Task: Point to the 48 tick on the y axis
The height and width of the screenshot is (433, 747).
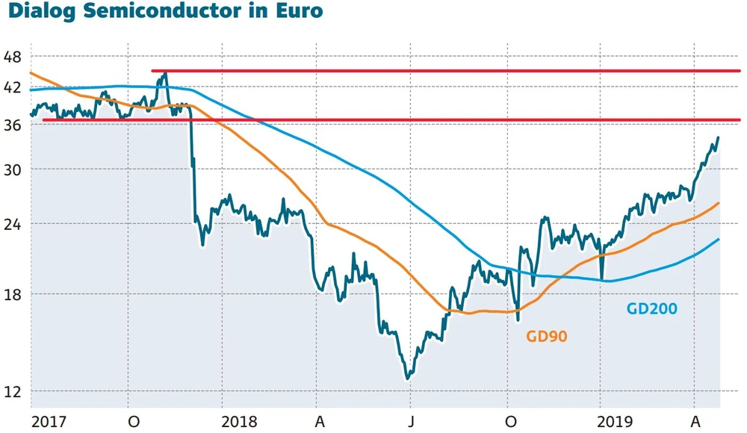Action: coord(13,57)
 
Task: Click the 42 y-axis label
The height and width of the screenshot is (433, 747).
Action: coord(13,87)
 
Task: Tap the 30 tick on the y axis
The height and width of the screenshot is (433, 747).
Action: coord(13,169)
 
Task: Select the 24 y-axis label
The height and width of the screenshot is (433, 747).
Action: coord(13,224)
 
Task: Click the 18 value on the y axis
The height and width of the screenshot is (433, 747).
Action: coord(13,294)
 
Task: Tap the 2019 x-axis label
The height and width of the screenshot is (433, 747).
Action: coord(616,421)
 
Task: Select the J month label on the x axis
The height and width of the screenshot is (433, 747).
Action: coord(412,421)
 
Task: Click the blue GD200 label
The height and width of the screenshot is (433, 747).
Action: coord(652,308)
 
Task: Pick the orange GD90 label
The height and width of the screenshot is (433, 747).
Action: coord(547,337)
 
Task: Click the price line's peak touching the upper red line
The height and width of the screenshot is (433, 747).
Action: coord(165,72)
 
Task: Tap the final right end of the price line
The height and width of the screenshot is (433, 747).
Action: coord(719,137)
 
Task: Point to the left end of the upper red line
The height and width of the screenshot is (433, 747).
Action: coord(152,71)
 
